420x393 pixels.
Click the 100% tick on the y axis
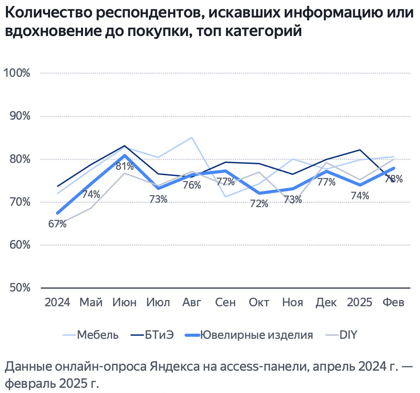(x=16, y=73)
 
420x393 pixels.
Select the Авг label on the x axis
(x=192, y=302)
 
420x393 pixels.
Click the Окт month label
(x=259, y=302)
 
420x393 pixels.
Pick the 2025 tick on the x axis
(x=359, y=302)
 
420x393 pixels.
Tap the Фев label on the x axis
(x=393, y=302)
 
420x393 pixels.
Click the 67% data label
(x=57, y=224)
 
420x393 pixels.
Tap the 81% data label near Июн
(x=125, y=167)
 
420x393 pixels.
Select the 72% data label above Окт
(x=259, y=204)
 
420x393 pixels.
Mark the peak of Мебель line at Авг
(x=192, y=138)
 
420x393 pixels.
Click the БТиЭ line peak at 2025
(x=360, y=150)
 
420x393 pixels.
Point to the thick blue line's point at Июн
(x=125, y=155)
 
